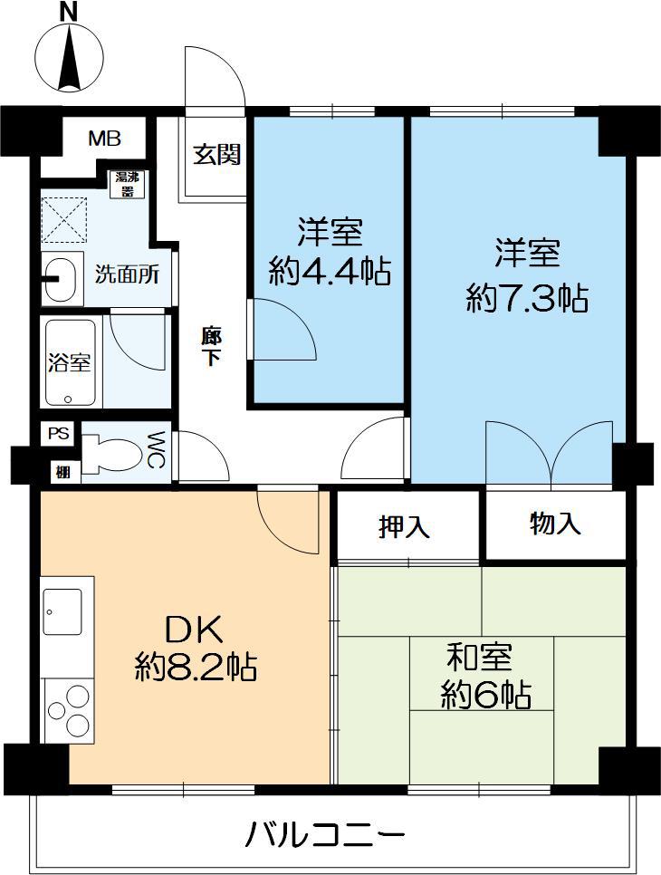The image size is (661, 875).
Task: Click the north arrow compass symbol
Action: tap(69, 56)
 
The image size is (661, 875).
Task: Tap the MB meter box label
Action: tap(105, 139)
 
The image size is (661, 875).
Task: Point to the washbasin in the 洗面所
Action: tap(62, 278)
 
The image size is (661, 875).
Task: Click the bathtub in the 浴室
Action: tap(71, 362)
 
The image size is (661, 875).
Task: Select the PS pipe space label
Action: tap(59, 434)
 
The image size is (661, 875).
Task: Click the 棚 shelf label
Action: tap(62, 472)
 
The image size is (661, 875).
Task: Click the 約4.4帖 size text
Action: tap(329, 273)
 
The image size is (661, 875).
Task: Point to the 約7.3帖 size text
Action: tap(527, 299)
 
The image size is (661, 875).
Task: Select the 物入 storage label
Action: tap(555, 524)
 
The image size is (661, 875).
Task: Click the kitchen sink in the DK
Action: tap(62, 612)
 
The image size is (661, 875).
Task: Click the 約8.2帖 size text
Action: tap(196, 667)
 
